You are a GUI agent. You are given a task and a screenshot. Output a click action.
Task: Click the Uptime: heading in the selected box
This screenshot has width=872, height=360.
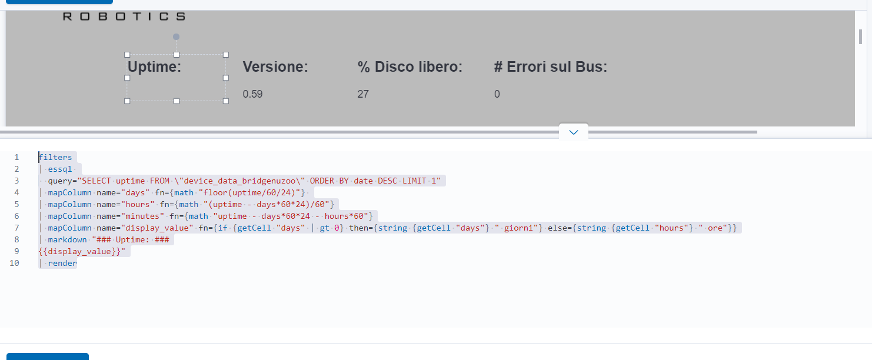point(155,67)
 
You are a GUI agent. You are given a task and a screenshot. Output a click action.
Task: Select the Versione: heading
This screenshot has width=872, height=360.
point(275,67)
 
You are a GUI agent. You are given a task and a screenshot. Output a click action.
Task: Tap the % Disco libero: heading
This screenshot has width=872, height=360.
point(410,67)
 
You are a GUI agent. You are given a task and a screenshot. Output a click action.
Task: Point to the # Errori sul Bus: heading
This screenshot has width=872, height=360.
point(551,67)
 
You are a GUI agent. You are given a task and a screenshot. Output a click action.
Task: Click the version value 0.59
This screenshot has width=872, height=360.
point(252,94)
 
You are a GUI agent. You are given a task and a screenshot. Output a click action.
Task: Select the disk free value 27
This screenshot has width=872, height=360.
point(363,94)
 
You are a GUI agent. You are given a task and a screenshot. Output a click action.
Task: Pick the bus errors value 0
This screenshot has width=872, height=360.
point(497,94)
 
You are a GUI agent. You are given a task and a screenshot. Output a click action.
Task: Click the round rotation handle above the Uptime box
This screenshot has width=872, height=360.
point(177,36)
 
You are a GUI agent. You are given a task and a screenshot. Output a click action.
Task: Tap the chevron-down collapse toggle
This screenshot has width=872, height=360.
point(574,132)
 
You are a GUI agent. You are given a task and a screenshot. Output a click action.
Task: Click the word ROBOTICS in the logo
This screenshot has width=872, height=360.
point(124,16)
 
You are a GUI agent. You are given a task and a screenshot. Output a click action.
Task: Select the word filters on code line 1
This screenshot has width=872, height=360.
point(55,157)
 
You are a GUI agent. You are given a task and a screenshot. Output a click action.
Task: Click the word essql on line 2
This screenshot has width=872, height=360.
point(60,169)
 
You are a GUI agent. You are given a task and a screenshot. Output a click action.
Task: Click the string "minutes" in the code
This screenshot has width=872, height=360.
point(142,216)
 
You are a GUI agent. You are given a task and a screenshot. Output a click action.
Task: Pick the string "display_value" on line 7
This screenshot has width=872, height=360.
point(157,228)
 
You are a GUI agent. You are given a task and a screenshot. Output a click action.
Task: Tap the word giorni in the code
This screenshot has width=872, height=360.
point(518,228)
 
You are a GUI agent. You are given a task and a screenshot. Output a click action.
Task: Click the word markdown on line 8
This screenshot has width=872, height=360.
point(67,239)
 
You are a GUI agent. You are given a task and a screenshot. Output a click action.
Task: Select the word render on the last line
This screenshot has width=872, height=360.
point(62,263)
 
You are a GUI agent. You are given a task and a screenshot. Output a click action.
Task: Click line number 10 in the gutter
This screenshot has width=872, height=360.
point(14,263)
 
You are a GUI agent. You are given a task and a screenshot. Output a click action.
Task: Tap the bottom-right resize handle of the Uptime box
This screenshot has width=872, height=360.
point(226,101)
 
